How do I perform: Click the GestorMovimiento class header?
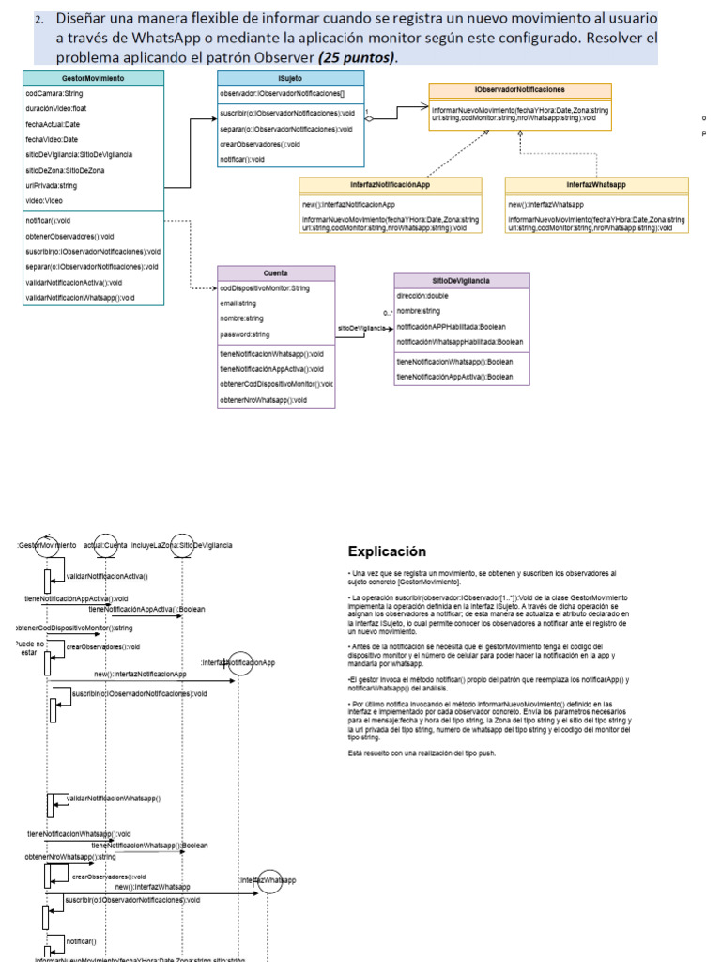coord(92,78)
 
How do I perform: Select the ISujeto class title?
coord(291,78)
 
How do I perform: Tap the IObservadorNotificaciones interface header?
coord(520,89)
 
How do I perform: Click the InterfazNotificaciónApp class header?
coord(390,185)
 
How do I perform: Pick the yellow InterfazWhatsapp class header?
coord(595,185)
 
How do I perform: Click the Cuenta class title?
coord(276,272)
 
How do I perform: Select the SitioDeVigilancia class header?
coord(461,280)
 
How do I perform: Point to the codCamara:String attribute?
coord(54,93)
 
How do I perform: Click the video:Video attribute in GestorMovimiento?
coord(44,200)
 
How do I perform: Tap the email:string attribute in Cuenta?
coord(238,303)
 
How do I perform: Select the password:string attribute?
coord(244,334)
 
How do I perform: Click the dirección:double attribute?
coord(423,295)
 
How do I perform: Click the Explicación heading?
coord(387,551)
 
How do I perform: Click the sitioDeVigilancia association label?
coord(361,327)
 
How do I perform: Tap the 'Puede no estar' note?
coord(30,647)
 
